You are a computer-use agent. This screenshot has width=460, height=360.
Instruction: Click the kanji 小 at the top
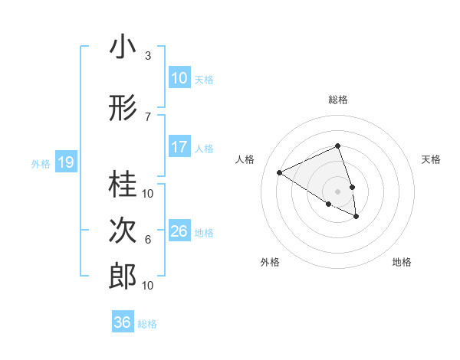(123, 47)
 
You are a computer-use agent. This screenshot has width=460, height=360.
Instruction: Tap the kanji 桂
(123, 183)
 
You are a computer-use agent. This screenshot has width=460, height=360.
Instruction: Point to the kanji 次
(123, 230)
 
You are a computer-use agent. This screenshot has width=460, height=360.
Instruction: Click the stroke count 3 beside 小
(147, 56)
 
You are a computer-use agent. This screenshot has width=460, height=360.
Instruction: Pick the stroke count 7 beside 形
(147, 116)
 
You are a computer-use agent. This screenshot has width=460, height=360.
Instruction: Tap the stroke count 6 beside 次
(147, 240)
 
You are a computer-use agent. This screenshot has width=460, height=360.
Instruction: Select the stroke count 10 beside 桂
(148, 193)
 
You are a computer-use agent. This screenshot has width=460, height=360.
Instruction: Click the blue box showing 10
(179, 78)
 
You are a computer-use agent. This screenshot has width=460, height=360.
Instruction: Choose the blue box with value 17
(179, 147)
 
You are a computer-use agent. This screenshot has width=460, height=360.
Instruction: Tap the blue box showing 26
(179, 231)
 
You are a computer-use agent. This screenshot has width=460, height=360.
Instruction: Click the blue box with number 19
(65, 162)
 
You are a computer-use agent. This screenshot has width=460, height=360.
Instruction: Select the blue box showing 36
(123, 322)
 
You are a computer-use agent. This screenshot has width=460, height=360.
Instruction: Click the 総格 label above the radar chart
(337, 100)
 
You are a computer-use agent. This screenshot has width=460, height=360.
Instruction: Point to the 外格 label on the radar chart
(270, 263)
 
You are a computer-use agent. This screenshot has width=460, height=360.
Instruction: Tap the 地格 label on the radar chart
(402, 263)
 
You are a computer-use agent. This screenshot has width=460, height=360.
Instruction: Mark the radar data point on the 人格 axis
(280, 172)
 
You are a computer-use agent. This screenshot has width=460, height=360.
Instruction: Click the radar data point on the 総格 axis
(337, 146)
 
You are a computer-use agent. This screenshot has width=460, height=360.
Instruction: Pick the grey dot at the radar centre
(337, 190)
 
